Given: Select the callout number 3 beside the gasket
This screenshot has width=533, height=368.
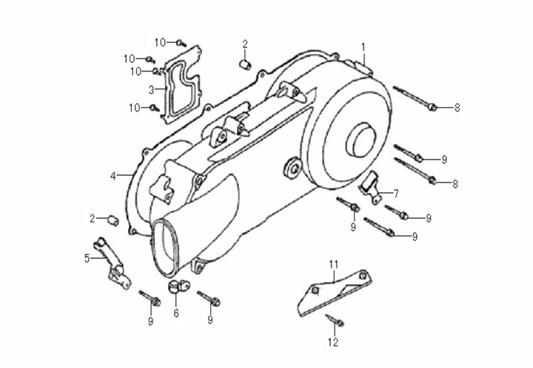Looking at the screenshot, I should point(151,90).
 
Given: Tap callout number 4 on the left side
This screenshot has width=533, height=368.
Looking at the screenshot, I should point(113,176).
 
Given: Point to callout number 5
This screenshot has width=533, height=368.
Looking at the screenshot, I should point(87,258).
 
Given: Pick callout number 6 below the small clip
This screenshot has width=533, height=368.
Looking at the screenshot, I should point(176,313).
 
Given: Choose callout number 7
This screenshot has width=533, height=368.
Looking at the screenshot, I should point(396,194).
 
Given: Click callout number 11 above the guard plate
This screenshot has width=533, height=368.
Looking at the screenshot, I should point(333,264).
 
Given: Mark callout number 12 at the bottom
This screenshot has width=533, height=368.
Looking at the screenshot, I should point(333,342).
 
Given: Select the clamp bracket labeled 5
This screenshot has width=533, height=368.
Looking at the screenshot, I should point(111,262).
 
